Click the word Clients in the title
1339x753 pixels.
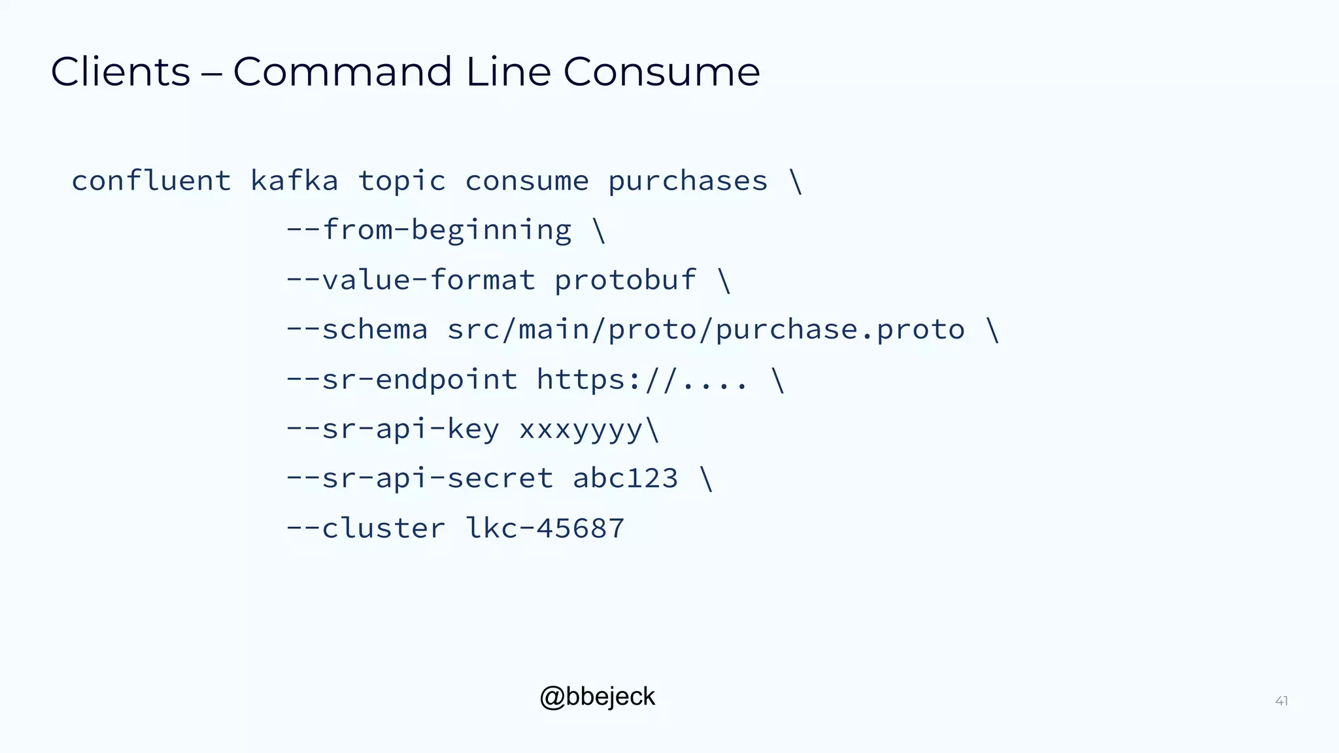tap(120, 71)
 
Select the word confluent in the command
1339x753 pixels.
tap(151, 181)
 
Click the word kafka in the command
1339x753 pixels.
tap(294, 181)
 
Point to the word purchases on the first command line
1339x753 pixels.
tap(688, 181)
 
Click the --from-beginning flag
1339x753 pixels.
tap(429, 231)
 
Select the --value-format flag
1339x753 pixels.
tap(411, 280)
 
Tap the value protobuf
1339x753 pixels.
tap(625, 280)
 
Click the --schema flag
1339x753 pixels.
tap(357, 329)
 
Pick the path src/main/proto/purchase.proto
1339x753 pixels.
tap(706, 329)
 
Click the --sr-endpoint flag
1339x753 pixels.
tap(401, 379)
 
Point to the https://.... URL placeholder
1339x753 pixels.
tap(642, 379)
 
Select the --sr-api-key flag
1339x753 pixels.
tap(393, 429)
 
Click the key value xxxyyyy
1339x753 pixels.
tap(581, 429)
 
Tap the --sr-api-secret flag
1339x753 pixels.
tap(420, 478)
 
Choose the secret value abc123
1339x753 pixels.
tap(626, 478)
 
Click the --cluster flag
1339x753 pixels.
tap(366, 528)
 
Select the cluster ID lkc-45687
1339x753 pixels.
tap(545, 528)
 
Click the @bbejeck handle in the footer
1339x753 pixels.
tap(597, 697)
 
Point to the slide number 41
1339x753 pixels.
tap(1281, 701)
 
